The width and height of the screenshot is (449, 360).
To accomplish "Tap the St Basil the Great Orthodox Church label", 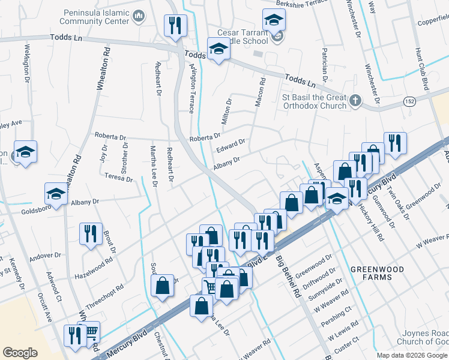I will [315, 101].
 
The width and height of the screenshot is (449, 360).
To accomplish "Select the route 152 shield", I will [409, 101].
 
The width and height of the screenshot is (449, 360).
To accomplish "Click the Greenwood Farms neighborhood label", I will [380, 273].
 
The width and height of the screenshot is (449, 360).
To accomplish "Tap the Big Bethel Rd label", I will [288, 277].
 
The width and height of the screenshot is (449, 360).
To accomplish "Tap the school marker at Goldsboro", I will [56, 194].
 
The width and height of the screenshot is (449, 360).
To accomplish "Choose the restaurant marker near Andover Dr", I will [90, 233].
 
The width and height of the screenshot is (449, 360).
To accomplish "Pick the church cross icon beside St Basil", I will [355, 100].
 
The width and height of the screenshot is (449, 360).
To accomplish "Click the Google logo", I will [20, 353].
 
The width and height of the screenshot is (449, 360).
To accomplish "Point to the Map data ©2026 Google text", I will [412, 355].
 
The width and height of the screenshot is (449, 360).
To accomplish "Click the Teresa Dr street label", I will [118, 178].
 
